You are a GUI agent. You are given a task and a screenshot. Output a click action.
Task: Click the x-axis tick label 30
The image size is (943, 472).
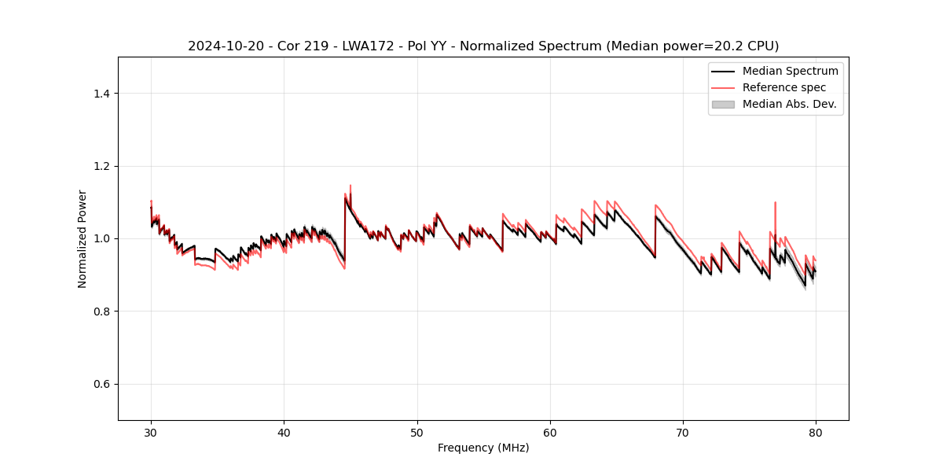151,432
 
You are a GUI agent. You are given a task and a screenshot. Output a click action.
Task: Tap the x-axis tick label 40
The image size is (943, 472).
284,432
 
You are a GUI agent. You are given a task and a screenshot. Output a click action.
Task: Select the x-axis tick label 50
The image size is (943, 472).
417,432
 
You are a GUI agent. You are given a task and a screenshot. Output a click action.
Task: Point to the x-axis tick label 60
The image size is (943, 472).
550,432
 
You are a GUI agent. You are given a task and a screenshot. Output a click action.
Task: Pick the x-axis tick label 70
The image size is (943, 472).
683,432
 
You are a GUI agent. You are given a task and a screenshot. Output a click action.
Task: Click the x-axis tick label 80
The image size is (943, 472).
816,432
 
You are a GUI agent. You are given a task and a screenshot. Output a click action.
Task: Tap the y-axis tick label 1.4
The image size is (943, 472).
101,94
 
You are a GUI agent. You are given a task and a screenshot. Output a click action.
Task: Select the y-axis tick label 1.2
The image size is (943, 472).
101,166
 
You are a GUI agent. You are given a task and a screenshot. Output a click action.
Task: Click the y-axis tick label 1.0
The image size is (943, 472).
101,238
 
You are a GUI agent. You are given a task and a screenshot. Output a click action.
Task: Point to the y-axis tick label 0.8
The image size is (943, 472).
101,312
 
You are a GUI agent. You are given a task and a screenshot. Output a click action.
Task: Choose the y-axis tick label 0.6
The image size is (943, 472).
101,384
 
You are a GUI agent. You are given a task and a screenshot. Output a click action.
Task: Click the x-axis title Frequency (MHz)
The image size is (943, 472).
483,448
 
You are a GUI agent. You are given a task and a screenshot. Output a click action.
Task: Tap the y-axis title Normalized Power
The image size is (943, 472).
82,238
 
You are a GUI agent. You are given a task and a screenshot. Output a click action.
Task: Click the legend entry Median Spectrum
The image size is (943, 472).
790,71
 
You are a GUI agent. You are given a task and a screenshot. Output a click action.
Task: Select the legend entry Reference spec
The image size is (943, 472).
783,87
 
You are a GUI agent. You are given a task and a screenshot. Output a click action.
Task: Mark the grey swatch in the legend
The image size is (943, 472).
722,104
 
